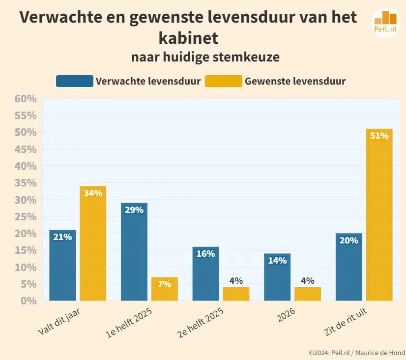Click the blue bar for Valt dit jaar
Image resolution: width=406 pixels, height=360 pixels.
pyautogui.click(x=62, y=266)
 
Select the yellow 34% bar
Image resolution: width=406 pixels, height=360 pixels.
pyautogui.click(x=93, y=243)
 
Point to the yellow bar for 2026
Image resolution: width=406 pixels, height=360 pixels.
pyautogui.click(x=308, y=294)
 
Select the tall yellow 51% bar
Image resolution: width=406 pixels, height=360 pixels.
pyautogui.click(x=379, y=214)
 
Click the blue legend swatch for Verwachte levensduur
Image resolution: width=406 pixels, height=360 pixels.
pyautogui.click(x=74, y=81)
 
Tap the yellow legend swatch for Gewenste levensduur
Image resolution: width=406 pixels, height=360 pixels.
pyautogui.click(x=223, y=81)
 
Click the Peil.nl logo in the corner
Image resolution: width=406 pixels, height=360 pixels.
pyautogui.click(x=385, y=23)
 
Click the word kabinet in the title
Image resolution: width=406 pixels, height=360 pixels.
pyautogui.click(x=188, y=37)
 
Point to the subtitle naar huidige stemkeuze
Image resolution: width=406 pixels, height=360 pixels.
pyautogui.click(x=205, y=57)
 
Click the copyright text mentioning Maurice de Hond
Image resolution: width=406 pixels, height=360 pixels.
pyautogui.click(x=357, y=353)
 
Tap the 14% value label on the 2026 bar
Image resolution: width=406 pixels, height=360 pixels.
pyautogui.click(x=277, y=261)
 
